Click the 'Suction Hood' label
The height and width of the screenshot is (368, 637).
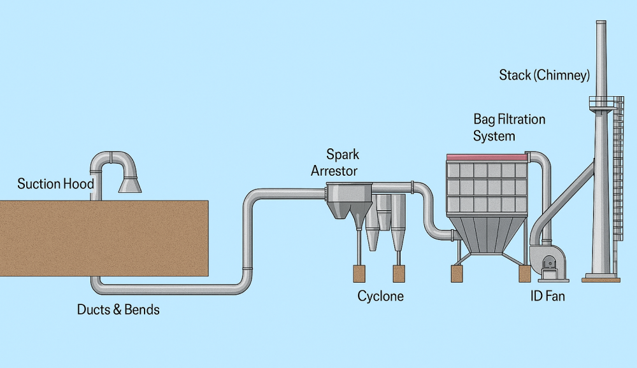55,185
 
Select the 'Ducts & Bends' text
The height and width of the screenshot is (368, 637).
118,310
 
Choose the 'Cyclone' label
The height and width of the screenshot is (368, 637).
380,296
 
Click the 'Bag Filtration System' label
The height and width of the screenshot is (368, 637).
509,127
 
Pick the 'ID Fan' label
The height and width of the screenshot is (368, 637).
547,296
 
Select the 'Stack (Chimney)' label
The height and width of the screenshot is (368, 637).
544,76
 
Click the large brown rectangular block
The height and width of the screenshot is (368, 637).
104,237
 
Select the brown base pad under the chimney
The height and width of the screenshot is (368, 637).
601,278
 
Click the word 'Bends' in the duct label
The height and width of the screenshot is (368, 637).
141,310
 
